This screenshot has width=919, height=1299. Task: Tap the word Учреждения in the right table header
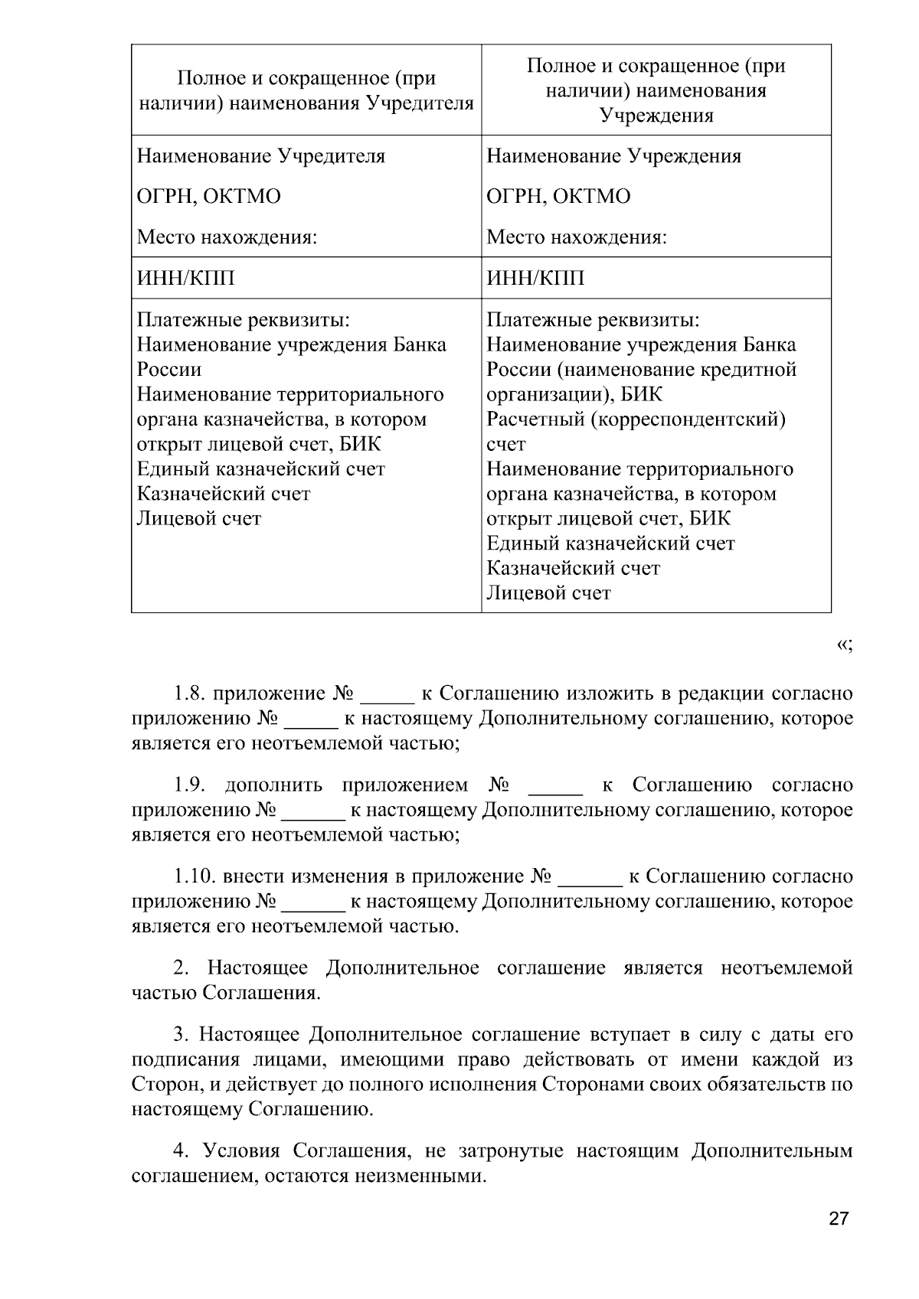pos(656,116)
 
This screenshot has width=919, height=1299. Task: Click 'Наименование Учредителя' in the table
pos(260,156)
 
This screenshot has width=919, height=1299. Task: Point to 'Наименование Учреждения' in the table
pos(613,156)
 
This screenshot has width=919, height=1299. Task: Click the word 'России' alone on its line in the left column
pos(169,370)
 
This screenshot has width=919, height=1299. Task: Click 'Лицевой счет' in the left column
pos(199,519)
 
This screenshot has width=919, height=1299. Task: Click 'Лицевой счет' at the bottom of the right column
pos(548,593)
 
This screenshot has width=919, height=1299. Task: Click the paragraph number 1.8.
pos(189,694)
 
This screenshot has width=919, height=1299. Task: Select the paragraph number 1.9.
pos(189,785)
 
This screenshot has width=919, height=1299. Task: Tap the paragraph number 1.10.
pos(192,876)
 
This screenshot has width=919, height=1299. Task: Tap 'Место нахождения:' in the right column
pos(577,237)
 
